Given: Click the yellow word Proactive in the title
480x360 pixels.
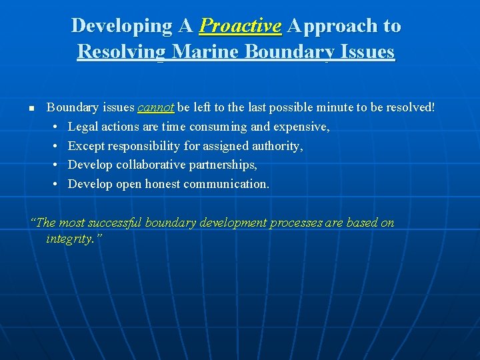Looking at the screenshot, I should (x=240, y=26).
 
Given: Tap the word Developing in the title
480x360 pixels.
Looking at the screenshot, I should (x=122, y=26).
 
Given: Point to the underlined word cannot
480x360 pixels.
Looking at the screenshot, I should (x=156, y=107).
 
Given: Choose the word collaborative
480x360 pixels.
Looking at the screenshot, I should (x=149, y=165).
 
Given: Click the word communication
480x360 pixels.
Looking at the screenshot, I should (x=227, y=184).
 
